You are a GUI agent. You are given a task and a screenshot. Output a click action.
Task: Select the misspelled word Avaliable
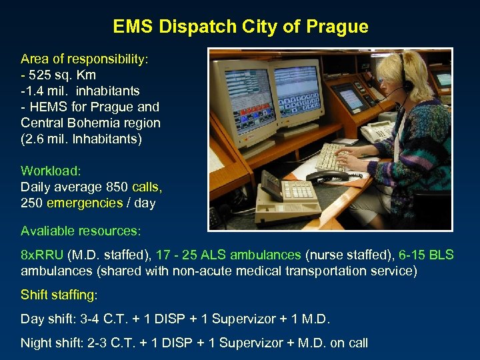pos(49,231)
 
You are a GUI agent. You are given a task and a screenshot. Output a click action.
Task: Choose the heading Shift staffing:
pos(59,295)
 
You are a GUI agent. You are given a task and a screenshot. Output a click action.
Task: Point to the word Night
pos(36,343)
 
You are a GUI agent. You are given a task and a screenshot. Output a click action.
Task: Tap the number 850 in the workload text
pos(119,187)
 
